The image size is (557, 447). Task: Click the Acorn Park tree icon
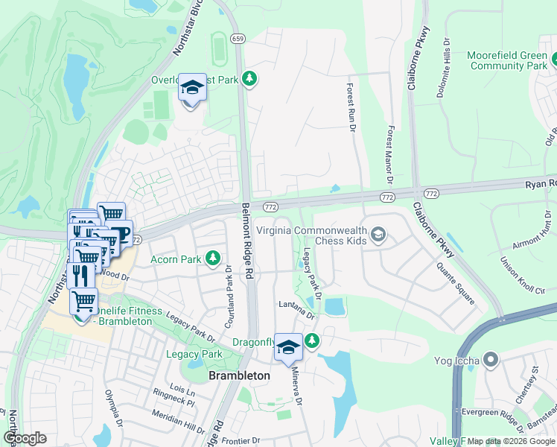tap(214, 259)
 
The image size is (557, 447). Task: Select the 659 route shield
tap(238, 39)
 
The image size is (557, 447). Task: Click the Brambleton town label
tap(239, 376)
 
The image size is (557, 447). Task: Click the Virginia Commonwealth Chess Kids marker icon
tap(379, 236)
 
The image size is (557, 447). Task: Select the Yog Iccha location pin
tap(490, 361)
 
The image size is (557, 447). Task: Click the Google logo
tap(25, 437)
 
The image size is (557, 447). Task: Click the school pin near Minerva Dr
tap(289, 346)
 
